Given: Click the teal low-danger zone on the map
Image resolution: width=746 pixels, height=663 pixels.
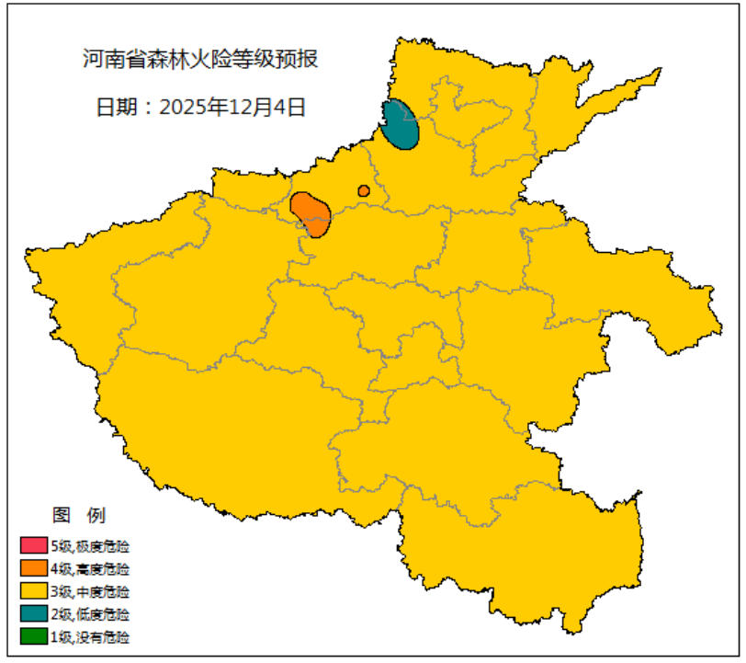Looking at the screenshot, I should (x=401, y=125).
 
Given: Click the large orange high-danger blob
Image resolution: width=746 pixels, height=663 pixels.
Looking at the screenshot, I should (x=311, y=213).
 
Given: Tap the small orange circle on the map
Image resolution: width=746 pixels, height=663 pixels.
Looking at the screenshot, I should (x=364, y=191).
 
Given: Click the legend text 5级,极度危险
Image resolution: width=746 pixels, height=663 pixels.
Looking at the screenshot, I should (x=90, y=546).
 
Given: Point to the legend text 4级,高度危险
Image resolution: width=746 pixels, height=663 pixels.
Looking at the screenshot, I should (x=90, y=568).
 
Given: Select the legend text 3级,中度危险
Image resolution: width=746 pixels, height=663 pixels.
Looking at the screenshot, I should (x=90, y=591).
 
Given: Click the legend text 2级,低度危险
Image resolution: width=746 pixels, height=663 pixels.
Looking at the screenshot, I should (x=90, y=613).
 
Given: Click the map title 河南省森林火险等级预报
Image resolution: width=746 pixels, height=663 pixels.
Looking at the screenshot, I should (x=200, y=61).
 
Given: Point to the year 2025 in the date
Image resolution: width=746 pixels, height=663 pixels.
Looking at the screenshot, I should (x=183, y=107).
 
